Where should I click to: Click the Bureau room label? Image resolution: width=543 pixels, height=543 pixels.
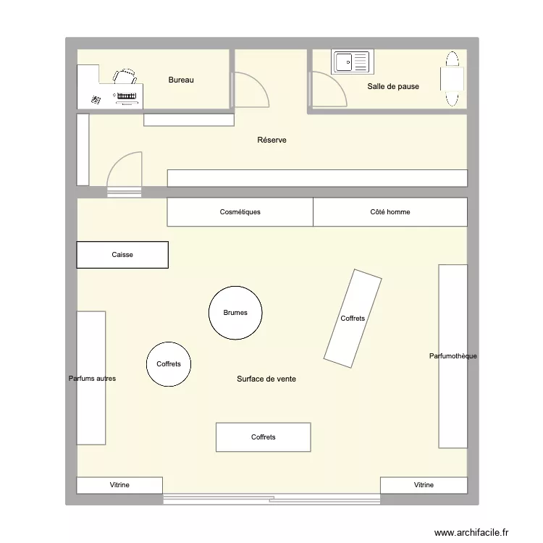pos(181,80)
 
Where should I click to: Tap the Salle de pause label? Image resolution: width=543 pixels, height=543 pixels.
pos(393,86)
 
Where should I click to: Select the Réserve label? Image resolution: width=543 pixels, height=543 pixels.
pos(271,140)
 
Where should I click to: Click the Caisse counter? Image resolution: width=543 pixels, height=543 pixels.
pos(122,255)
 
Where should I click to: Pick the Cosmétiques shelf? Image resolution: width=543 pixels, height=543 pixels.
pos(240,212)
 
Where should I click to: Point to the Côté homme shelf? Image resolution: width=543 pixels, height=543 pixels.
pos(390,212)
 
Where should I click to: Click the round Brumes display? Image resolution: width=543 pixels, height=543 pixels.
pos(235,313)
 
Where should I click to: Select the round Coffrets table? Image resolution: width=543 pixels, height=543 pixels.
pos(169,364)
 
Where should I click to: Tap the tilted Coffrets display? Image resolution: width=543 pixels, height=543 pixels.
pos(353,317)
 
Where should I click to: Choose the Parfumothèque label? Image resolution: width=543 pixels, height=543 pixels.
pos(452,355)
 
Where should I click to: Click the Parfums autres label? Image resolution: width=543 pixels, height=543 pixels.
pos(92,378)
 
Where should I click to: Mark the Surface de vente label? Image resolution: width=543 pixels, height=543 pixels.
pos(266,379)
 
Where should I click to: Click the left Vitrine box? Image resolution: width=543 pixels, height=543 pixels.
pos(119,485)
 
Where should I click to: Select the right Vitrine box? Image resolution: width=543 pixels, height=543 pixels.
pos(424,485)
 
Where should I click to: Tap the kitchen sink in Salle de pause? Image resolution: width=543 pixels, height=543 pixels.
pos(352,62)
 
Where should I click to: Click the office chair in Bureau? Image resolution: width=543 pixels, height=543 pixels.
pos(125,77)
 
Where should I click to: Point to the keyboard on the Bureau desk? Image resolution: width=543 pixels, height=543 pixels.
pos(126,96)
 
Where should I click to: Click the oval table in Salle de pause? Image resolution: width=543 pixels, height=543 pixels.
pos(453,79)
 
